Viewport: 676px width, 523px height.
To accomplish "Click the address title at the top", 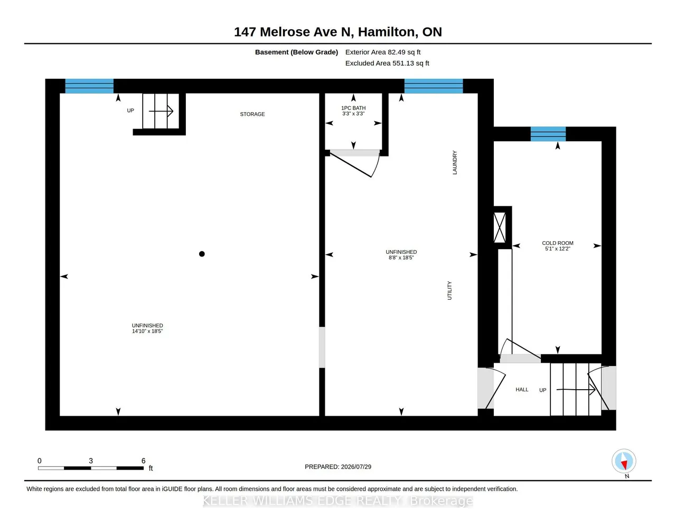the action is point(338,32).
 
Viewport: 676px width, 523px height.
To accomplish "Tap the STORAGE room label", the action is point(252,114).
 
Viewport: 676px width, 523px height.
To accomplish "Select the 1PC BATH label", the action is point(353,108).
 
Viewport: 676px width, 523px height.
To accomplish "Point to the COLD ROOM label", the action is point(558,243).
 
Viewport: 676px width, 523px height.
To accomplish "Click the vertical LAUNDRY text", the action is point(455,162).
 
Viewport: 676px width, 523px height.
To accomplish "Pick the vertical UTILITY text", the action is point(449,291).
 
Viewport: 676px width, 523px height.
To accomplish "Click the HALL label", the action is point(522,389).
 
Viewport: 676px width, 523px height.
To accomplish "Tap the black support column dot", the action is point(202,254).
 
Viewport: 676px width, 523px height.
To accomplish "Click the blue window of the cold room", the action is point(548,134).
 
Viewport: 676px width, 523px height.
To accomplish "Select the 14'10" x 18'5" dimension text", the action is point(147,331).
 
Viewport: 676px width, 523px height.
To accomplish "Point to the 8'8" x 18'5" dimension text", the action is point(401,258).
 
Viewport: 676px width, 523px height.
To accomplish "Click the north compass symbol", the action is point(624,461).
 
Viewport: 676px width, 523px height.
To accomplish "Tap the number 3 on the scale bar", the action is point(91,461).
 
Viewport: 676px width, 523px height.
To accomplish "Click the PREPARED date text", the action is point(338,466).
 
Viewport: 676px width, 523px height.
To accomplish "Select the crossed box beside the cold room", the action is point(500,227).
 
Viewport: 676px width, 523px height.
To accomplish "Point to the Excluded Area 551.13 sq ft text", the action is point(387,63).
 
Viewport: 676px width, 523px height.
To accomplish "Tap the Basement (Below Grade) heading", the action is point(296,52).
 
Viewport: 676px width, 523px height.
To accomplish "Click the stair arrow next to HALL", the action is point(576,389).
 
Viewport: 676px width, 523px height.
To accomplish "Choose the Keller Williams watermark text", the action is point(338,501).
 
